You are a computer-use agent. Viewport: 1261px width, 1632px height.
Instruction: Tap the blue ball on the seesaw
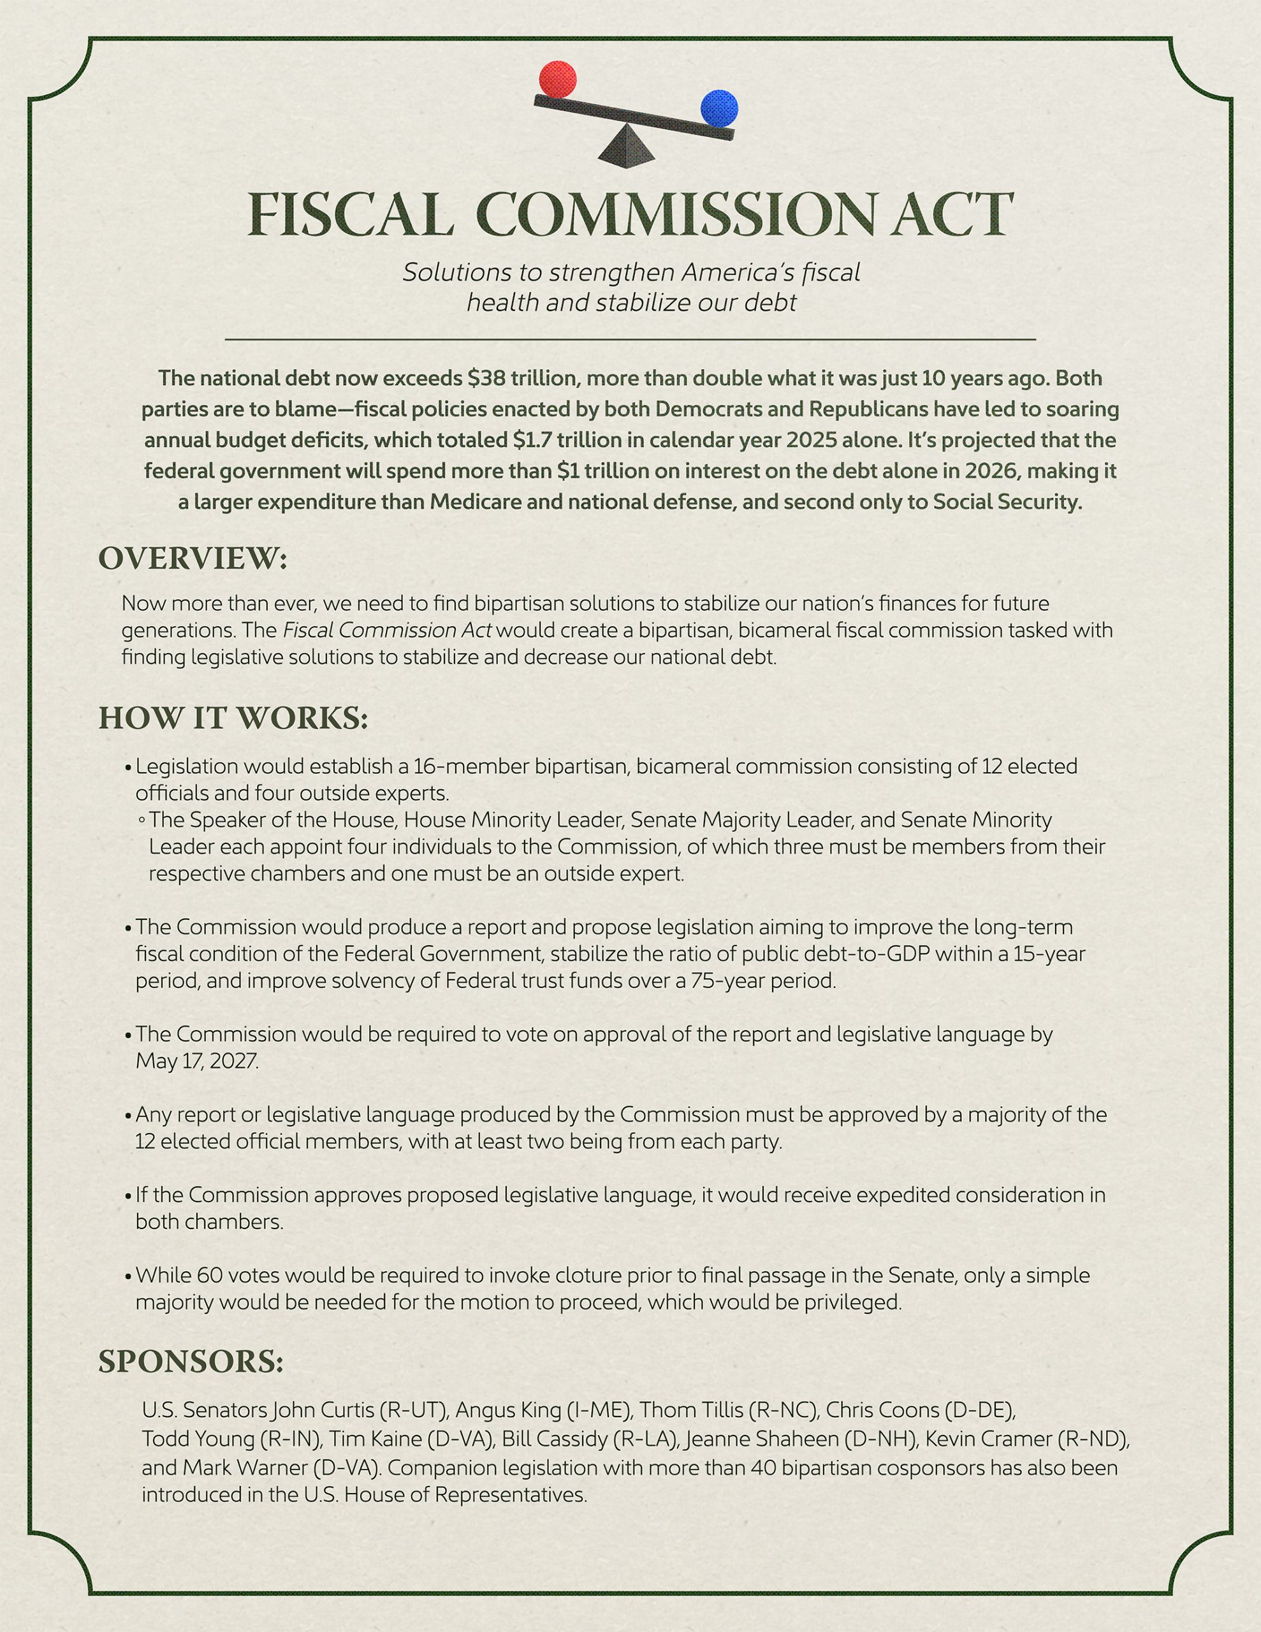click(719, 108)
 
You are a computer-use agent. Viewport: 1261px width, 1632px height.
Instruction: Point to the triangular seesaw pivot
click(627, 147)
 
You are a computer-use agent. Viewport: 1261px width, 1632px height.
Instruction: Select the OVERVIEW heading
click(193, 559)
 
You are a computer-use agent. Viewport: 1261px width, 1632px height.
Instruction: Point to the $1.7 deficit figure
click(530, 440)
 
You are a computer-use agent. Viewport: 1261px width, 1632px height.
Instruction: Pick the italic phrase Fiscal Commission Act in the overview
click(386, 630)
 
